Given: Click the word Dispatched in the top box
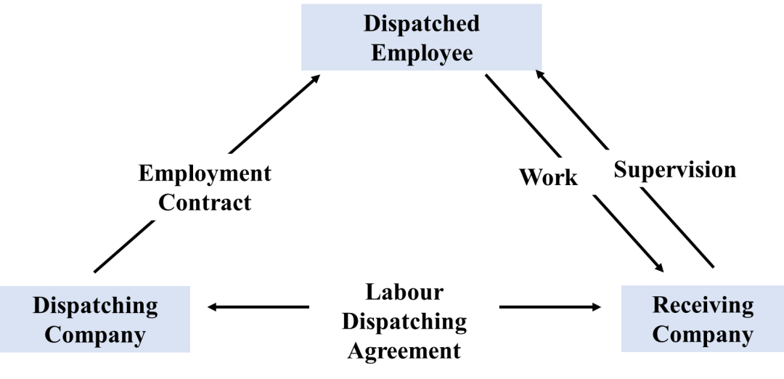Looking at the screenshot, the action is pos(421,23).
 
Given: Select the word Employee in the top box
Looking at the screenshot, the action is pos(421,53).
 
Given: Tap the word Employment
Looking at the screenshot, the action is pos(205,174).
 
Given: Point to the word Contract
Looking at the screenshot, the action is pos(205,202).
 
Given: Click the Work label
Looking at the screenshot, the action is pos(548,177).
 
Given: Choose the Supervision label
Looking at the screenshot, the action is pos(674,169).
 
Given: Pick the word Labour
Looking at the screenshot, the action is pos(404,292).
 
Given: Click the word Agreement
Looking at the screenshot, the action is pos(404,351).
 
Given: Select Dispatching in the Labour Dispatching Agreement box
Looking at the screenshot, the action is pos(404,321).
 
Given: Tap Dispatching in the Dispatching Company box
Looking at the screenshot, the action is pos(95,305).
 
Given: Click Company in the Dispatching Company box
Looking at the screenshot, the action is pos(95,335).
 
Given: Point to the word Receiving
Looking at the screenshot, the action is pos(703,304).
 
